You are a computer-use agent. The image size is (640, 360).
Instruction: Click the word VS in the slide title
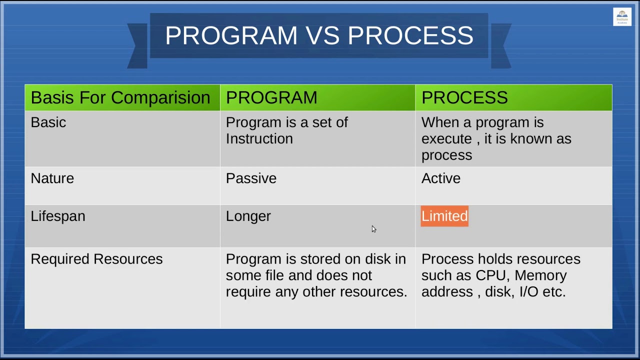tap(322, 35)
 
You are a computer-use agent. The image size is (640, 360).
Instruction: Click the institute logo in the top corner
tap(622, 17)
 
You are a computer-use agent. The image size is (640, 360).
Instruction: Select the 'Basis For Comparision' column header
tap(120, 97)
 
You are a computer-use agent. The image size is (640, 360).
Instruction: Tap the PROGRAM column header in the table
tap(271, 97)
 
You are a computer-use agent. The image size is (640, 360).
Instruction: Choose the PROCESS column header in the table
tap(464, 97)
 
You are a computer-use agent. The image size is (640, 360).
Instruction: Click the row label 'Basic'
tap(48, 122)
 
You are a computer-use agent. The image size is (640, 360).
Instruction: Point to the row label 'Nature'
tap(52, 178)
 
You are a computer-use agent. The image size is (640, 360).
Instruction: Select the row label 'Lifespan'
tap(58, 216)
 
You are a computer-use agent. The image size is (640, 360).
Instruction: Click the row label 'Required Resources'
tap(96, 259)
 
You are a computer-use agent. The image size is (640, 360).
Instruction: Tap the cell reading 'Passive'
tap(251, 178)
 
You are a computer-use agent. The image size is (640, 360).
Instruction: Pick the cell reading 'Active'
tap(441, 178)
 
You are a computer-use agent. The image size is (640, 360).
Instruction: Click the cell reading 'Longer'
tap(248, 216)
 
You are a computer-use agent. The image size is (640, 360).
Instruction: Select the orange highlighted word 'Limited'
tap(444, 216)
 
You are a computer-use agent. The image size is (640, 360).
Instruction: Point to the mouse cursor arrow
tap(373, 229)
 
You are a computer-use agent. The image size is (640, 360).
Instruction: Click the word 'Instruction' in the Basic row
tap(259, 139)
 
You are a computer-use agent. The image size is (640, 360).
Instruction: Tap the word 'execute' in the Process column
tap(446, 139)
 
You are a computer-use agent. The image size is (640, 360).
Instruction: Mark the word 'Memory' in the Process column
tap(540, 276)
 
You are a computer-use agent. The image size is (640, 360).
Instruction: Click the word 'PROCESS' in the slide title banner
tap(410, 35)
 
